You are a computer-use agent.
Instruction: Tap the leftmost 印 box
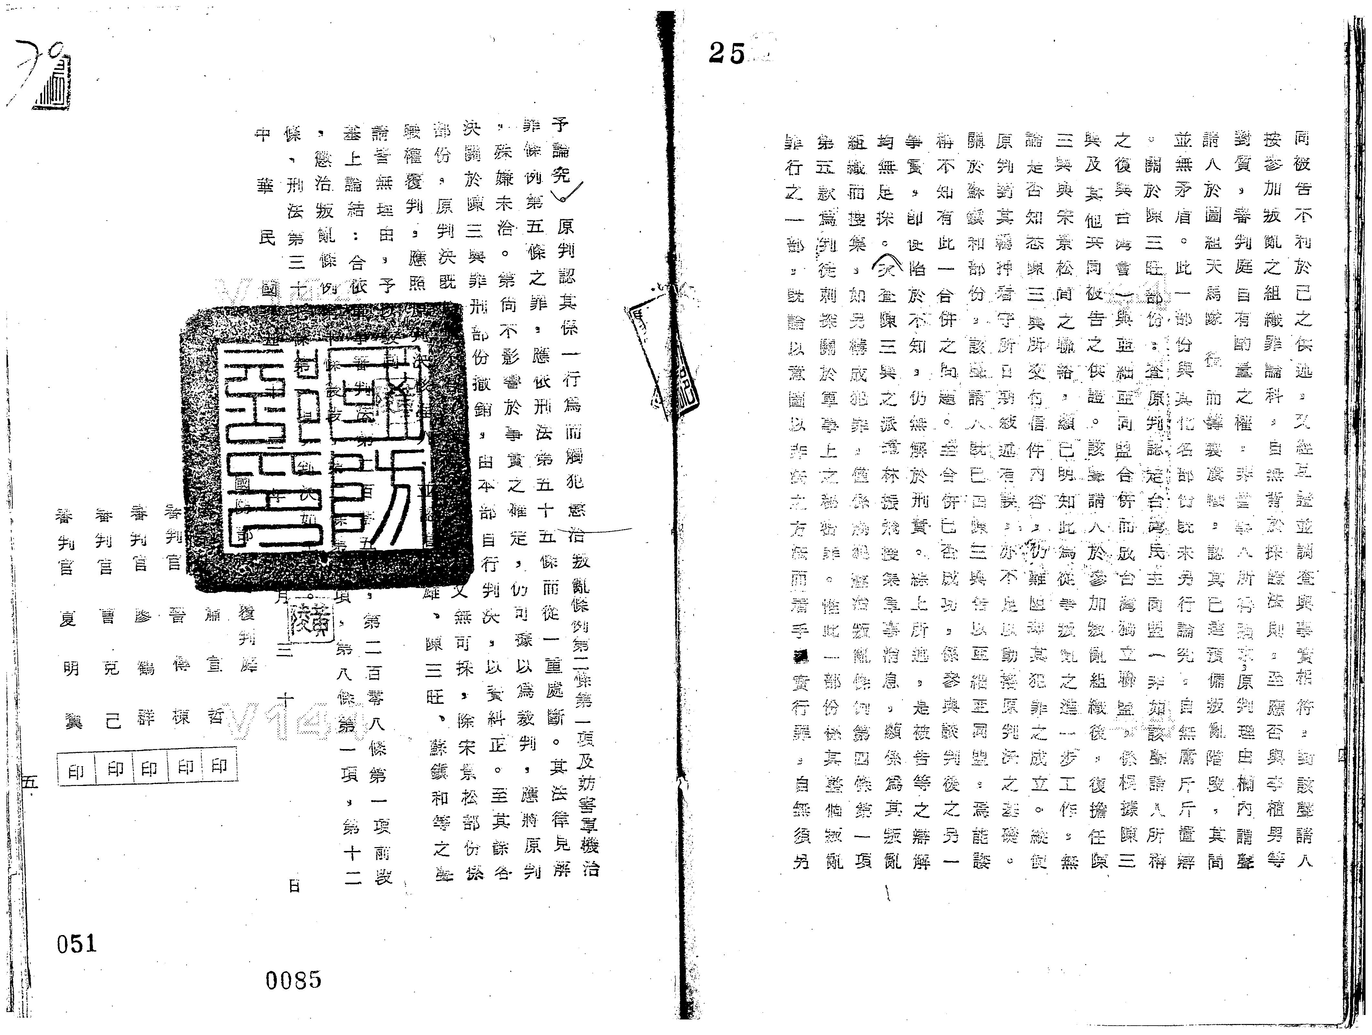point(76,771)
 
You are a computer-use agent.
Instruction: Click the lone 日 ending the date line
point(294,886)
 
